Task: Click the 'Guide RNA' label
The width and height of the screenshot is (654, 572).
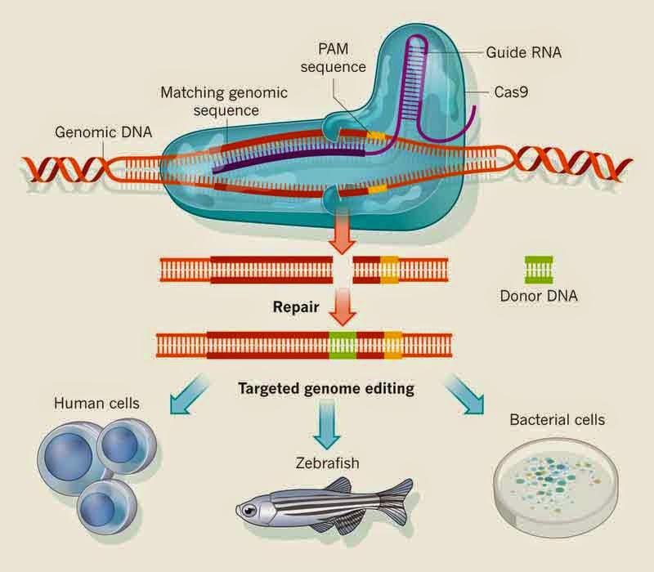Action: (523, 52)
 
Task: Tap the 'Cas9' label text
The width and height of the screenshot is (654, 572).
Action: (511, 92)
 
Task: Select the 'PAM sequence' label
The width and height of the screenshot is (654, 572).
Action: (334, 57)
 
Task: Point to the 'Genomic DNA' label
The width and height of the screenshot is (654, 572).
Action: (104, 132)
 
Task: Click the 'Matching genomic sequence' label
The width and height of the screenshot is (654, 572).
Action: (224, 101)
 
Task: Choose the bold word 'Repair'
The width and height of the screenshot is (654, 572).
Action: (296, 307)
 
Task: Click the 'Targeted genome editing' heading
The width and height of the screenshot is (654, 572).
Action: (326, 389)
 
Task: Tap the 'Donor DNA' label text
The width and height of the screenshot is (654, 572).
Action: (539, 296)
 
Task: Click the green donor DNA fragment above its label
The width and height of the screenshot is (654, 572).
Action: (539, 270)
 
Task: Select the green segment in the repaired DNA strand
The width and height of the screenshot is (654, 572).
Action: (343, 346)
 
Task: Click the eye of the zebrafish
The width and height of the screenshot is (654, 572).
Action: (249, 509)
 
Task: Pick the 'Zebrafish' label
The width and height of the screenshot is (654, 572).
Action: (328, 463)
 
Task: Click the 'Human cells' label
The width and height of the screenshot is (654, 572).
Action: (96, 403)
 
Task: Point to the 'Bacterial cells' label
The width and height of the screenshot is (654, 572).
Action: (558, 419)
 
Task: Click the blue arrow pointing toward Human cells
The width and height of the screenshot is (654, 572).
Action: (189, 395)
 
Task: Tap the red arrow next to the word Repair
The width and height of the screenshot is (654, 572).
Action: (342, 307)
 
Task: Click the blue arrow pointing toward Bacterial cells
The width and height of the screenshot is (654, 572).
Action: (464, 395)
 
